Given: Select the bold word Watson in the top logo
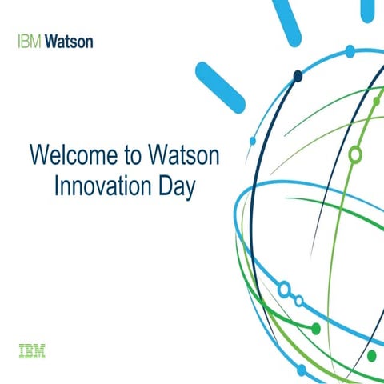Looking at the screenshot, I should point(69,40).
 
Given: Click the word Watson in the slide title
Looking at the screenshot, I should point(190,154).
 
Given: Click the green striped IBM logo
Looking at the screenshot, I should point(31,350).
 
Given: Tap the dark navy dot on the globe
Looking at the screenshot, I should point(298,77).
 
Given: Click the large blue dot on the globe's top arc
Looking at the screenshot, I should point(350,51).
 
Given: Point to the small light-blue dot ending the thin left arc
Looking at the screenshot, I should point(253,141).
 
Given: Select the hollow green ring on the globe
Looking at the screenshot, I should point(355,154).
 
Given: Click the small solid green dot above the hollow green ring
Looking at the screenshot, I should point(376,101).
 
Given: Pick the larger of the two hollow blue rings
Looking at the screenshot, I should point(283,288).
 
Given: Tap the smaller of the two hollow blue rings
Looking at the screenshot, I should point(298,301).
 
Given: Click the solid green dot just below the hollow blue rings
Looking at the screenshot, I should point(315,328).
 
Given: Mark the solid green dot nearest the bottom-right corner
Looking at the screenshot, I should point(371,355).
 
